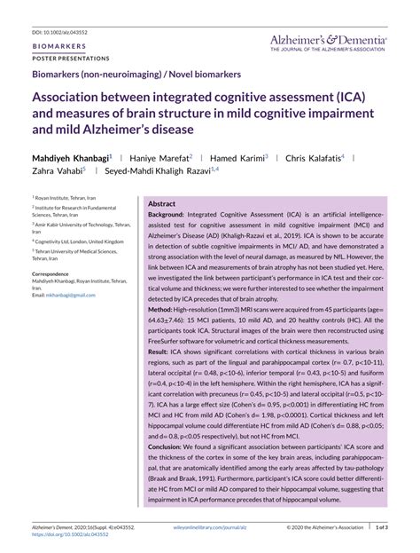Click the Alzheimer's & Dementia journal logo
328,42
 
